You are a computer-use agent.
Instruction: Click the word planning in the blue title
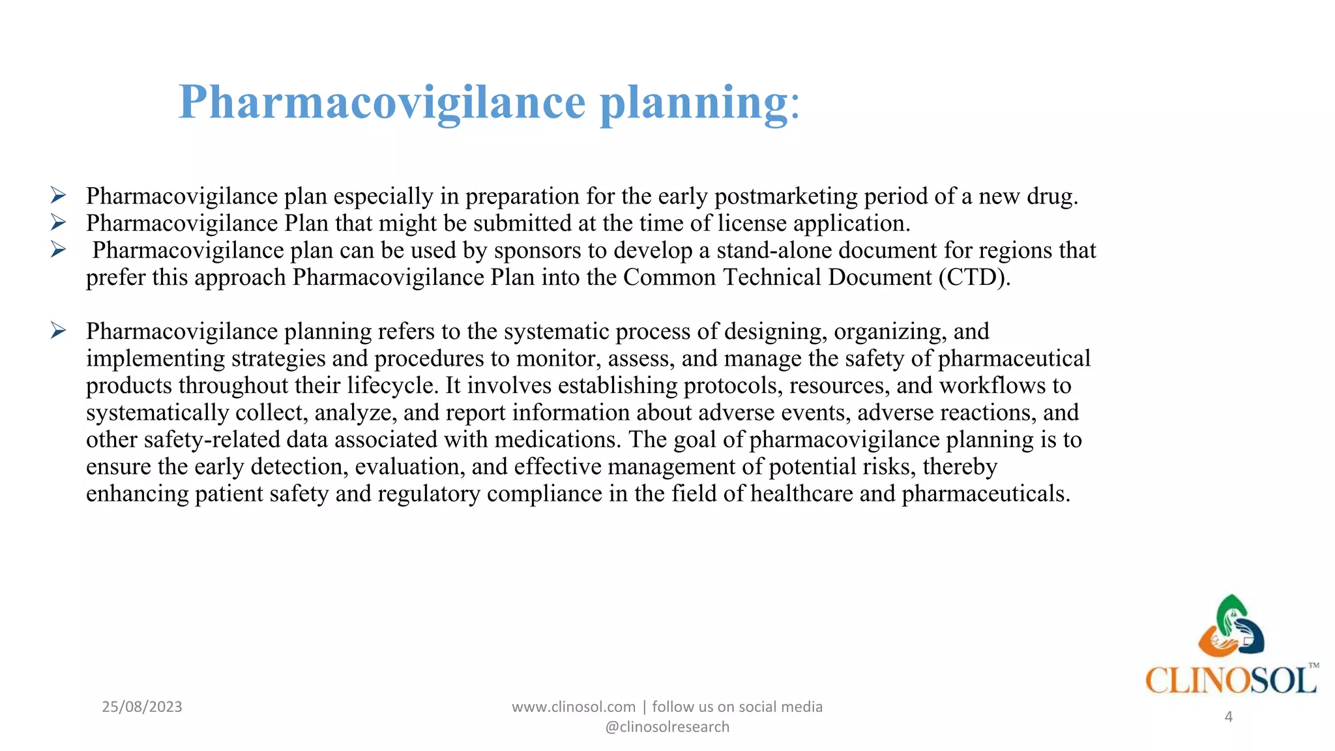click(x=694, y=103)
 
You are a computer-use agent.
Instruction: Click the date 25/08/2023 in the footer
click(x=142, y=707)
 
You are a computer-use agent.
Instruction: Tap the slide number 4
click(x=1229, y=717)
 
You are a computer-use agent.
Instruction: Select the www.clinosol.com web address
click(x=573, y=707)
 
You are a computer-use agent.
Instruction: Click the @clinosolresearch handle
click(x=667, y=727)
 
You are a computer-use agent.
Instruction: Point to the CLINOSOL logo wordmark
click(x=1231, y=681)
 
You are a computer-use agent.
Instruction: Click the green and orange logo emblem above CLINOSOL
click(x=1231, y=626)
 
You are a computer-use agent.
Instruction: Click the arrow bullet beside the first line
click(x=58, y=196)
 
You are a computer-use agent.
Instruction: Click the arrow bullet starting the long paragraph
click(x=58, y=331)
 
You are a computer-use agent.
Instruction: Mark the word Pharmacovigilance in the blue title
click(x=382, y=103)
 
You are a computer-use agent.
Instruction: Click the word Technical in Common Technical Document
click(x=772, y=278)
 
